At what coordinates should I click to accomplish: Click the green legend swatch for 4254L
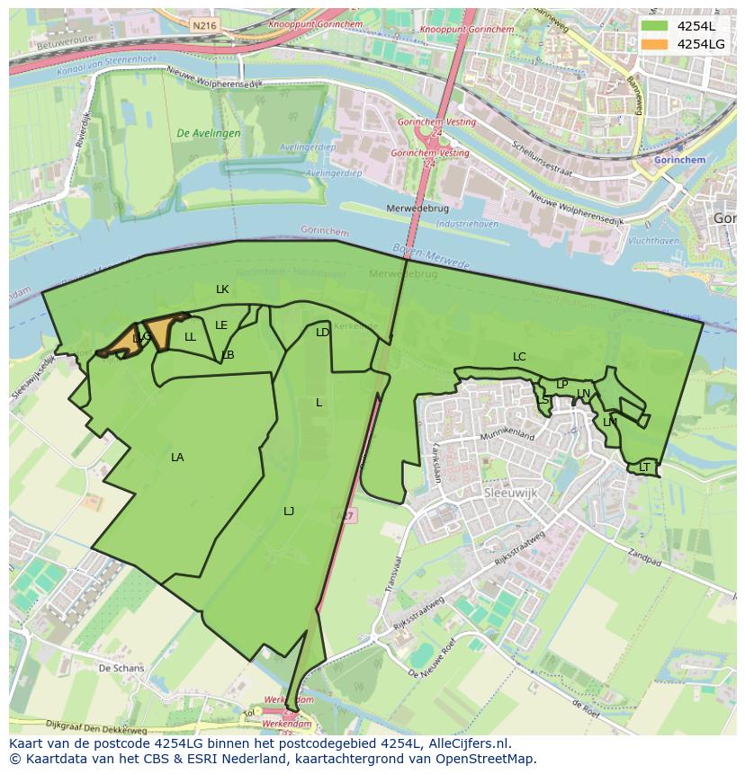[655, 26]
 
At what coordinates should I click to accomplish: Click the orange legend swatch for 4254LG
[655, 44]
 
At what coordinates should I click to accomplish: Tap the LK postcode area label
[222, 289]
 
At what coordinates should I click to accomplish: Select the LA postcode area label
[177, 458]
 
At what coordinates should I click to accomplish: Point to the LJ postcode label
[289, 512]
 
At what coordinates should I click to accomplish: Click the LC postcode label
[519, 357]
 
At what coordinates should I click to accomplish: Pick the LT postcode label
[644, 467]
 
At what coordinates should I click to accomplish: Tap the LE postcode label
[221, 325]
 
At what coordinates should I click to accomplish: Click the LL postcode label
[190, 337]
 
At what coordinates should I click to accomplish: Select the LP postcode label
[562, 385]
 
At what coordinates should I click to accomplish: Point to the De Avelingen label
[209, 133]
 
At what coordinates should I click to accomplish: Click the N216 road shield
[204, 26]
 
